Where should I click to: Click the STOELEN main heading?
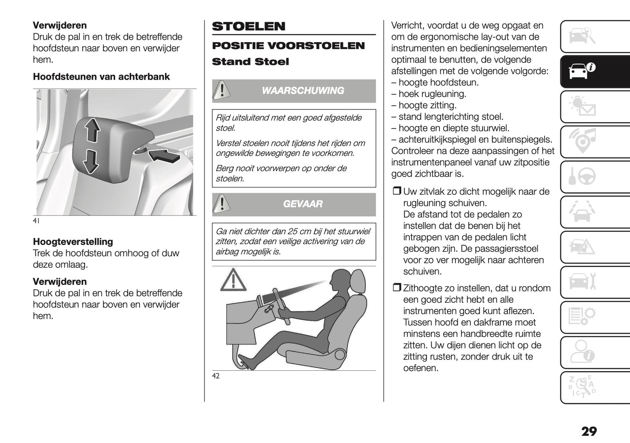click(249, 27)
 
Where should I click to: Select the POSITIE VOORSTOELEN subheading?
click(288, 46)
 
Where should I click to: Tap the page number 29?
click(589, 431)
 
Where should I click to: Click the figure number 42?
click(216, 376)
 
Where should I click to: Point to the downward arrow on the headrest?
click(91, 161)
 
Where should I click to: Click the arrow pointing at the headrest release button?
click(164, 155)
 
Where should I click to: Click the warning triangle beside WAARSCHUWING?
click(222, 91)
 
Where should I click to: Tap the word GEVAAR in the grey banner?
click(303, 204)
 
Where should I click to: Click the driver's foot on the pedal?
click(245, 362)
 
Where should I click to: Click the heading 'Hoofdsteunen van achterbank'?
click(101, 77)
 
